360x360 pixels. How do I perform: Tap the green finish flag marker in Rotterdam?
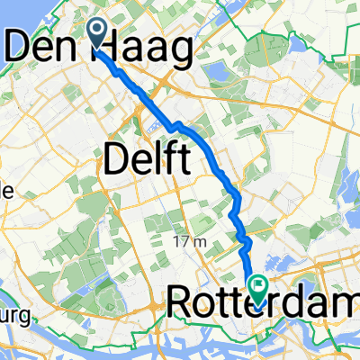tap(259, 290)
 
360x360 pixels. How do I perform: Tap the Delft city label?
tap(148, 159)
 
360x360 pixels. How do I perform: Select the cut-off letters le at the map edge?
tap(5, 191)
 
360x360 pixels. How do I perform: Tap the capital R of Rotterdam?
tap(178, 306)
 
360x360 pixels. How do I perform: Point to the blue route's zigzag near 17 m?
tap(243, 238)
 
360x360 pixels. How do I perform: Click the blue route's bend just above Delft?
tap(180, 123)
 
